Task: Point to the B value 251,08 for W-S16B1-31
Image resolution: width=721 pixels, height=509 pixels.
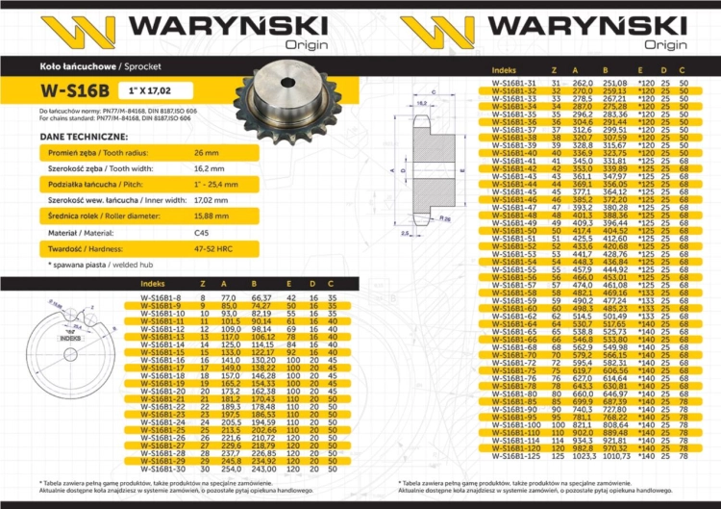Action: tap(614, 84)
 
